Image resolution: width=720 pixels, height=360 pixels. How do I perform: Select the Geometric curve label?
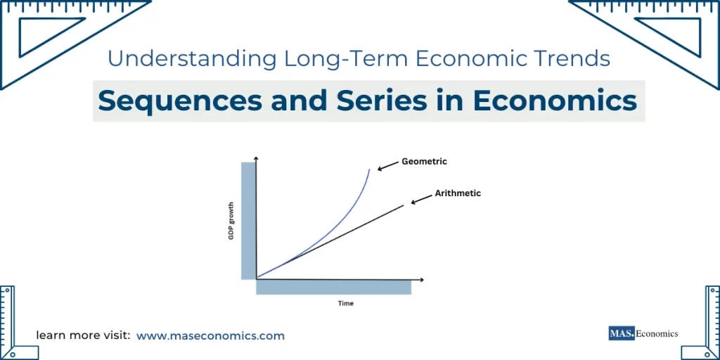coord(424,162)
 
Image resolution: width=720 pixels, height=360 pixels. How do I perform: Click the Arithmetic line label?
coord(458,193)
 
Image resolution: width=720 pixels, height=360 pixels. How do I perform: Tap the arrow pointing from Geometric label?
coord(387,167)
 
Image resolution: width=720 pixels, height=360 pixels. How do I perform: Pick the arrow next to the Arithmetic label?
coord(421,200)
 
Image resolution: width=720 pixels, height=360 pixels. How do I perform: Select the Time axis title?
coord(345,304)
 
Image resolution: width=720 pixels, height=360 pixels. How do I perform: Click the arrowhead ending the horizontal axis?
coord(421,279)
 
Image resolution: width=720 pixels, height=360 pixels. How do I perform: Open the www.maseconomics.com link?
coord(210,336)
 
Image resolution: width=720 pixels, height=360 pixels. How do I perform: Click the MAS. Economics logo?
coord(643,333)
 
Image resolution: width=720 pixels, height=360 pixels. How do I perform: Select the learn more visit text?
coord(83,336)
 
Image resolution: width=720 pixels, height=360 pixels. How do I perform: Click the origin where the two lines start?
coord(257,278)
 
